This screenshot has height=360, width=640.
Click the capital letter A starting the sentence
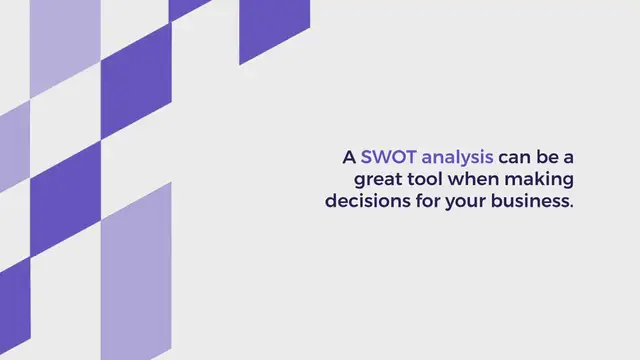[349, 157]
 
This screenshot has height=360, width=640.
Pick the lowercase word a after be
[576, 159]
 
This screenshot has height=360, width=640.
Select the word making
[544, 180]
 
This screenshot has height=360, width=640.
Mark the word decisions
[365, 200]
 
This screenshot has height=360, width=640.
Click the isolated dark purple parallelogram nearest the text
[274, 27]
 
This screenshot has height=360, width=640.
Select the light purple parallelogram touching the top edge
[65, 45]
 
